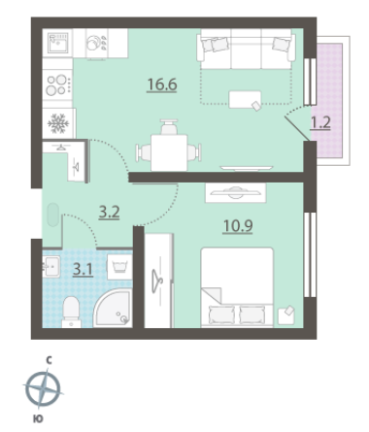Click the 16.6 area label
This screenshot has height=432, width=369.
pos(162,84)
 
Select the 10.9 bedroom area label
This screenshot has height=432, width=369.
pos(238,225)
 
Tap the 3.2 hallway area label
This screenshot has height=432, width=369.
pos(109,213)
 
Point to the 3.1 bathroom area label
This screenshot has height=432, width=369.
pos(84,269)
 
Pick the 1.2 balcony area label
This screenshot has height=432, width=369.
pos(320,123)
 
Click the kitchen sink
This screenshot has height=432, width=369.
pos(58,43)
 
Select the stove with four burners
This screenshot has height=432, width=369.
pos(57,84)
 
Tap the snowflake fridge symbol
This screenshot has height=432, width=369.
pos(58,123)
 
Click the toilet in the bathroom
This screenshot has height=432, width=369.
pos(71,312)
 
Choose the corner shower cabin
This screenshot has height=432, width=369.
pos(114,309)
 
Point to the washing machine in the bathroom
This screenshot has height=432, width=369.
pos(119,267)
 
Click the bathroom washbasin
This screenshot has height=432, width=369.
pos(51,266)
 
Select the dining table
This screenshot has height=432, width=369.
pos(169,152)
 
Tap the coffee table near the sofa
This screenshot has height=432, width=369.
pos(245,99)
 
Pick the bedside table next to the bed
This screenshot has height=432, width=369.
pos(286,316)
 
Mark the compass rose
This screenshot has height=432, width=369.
pos(43,389)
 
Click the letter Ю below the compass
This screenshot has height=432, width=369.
pos(38,419)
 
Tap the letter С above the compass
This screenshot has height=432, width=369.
pos(49,360)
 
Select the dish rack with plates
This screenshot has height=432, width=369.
pos(97,44)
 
